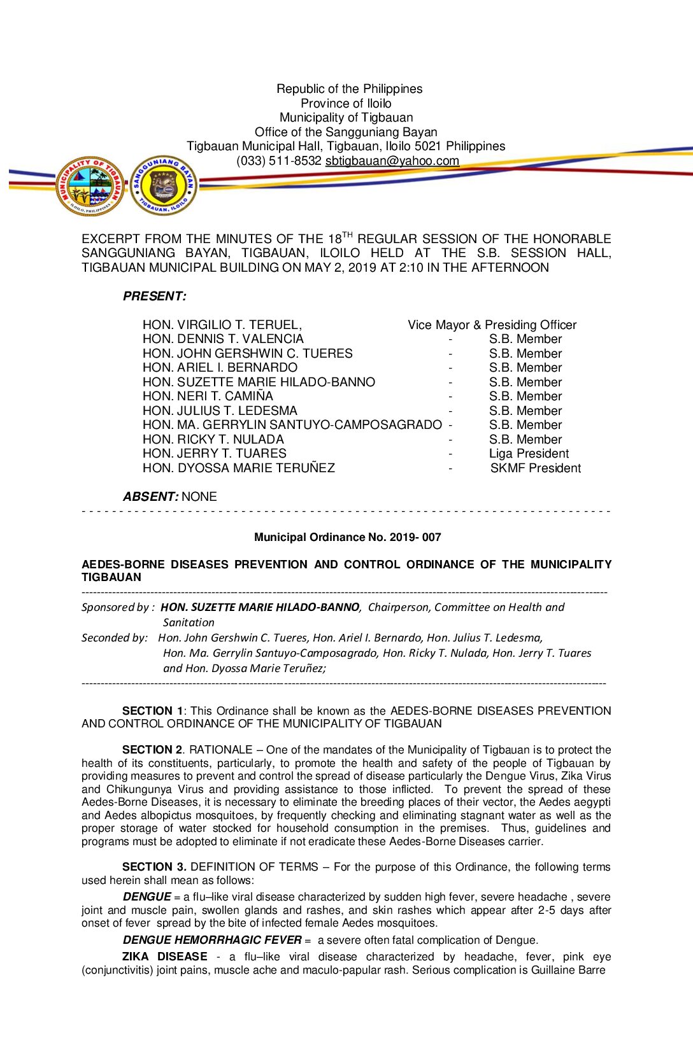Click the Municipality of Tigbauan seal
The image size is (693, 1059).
[90, 186]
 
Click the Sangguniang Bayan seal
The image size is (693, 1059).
[164, 186]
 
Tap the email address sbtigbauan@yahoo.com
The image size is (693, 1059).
[392, 161]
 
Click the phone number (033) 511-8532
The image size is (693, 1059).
[278, 161]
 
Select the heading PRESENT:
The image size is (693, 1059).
[155, 296]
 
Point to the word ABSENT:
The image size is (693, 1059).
[150, 496]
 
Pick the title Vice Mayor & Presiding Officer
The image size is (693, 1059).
[492, 325]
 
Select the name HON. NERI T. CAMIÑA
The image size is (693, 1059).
[208, 396]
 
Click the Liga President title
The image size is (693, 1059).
[529, 454]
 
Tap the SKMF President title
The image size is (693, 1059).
[535, 468]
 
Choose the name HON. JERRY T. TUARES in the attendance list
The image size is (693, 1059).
[214, 454]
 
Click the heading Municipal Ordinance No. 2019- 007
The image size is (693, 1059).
[347, 537]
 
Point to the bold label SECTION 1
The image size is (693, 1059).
[152, 711]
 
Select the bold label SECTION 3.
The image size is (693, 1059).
[154, 867]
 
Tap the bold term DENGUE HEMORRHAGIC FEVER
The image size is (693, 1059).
[212, 940]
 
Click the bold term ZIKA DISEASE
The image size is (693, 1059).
[164, 957]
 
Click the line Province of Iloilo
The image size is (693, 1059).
[346, 103]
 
